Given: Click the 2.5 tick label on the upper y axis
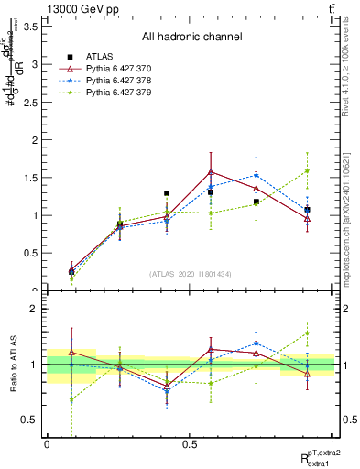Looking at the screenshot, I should [x=29, y=102].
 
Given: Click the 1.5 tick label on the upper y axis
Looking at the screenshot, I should [x=29, y=177].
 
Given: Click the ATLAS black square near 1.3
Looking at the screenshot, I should [x=166, y=193].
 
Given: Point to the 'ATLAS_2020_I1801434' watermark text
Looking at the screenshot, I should [x=191, y=274].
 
